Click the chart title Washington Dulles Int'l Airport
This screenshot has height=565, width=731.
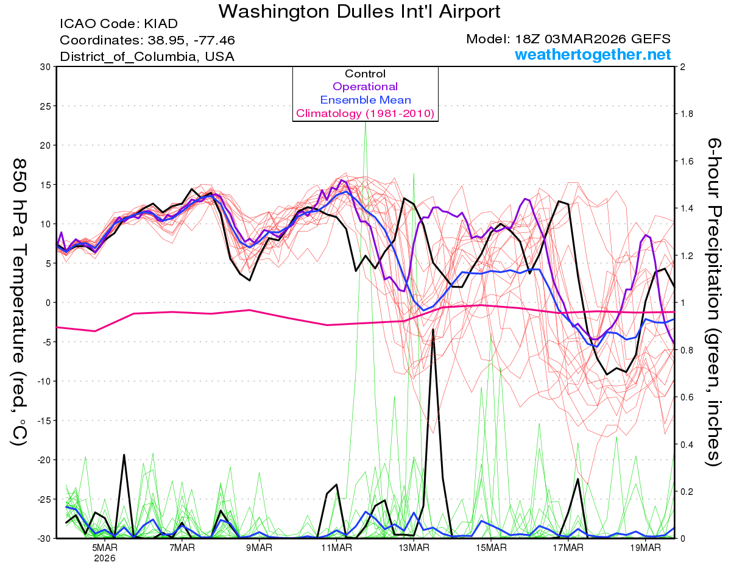359,11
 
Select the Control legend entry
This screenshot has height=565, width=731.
365,74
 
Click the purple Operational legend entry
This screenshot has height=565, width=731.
365,87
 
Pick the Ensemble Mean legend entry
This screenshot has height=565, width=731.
365,100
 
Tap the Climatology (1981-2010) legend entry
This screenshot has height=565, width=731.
365,113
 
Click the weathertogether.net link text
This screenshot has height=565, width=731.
593,55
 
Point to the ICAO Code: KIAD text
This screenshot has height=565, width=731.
119,24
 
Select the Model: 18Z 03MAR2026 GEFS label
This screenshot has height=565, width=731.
568,39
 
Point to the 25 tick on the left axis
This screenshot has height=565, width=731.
44,106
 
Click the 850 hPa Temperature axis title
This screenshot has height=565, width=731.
19,302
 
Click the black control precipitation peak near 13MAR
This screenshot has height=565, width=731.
433,330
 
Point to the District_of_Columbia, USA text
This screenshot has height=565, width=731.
147,57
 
